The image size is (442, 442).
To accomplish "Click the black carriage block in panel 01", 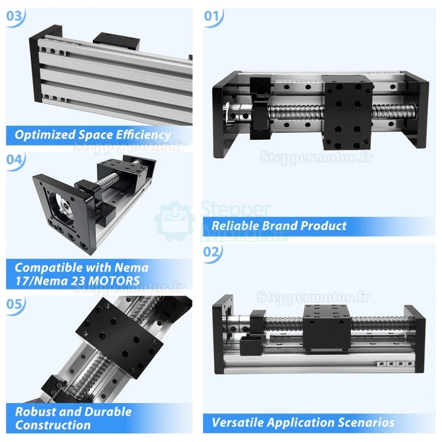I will [x=348, y=113].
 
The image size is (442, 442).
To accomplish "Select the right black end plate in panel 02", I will [x=415, y=339].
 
